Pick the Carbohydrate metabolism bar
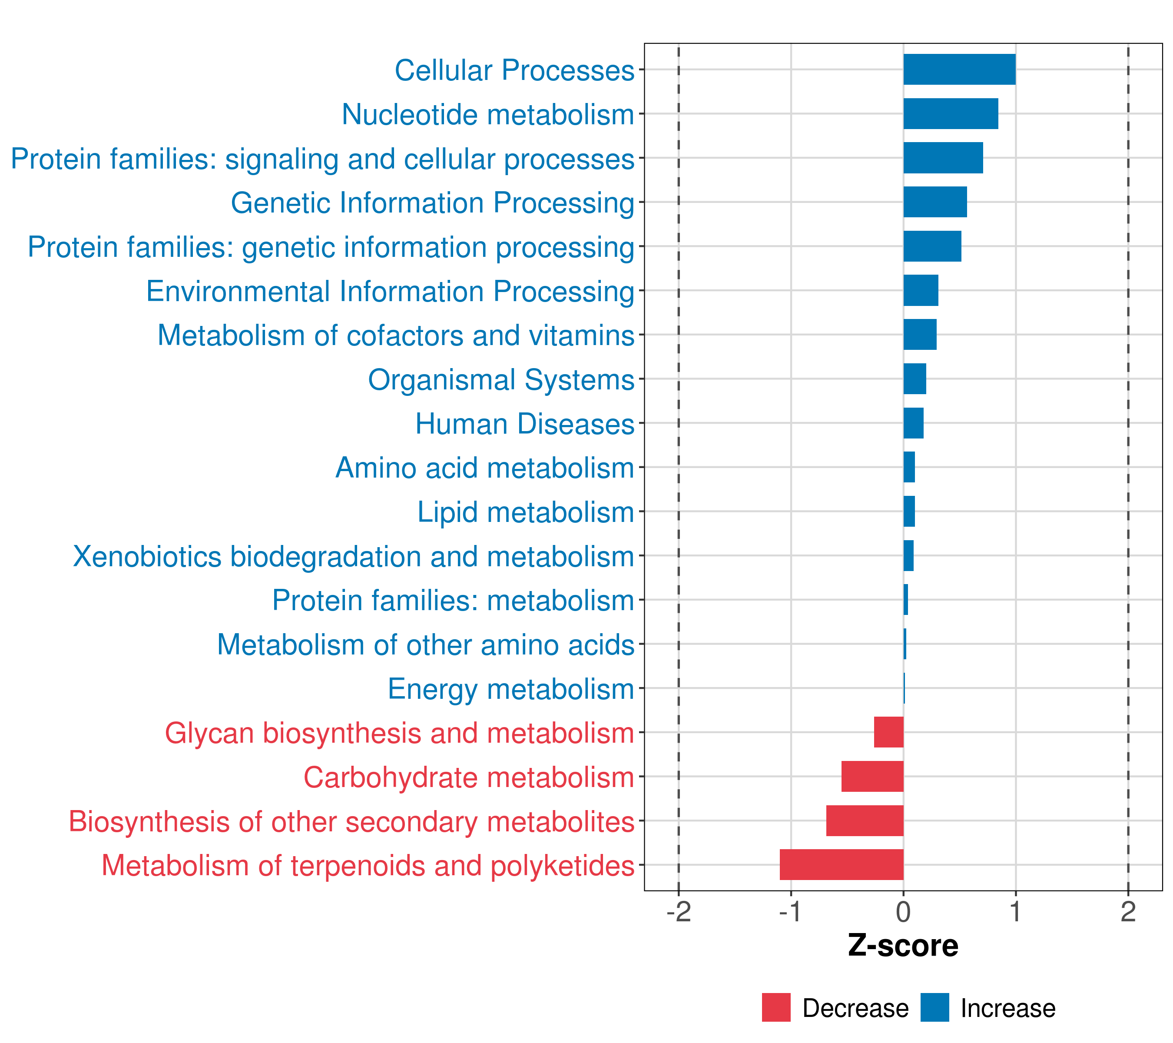point(872,776)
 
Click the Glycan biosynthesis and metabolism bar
point(888,732)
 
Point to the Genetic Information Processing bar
point(935,202)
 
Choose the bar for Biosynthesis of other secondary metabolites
point(865,820)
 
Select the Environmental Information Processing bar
point(921,290)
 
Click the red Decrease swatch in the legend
point(776,1007)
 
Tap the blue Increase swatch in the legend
point(934,1007)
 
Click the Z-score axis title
point(903,945)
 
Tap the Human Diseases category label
point(524,424)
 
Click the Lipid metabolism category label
point(525,512)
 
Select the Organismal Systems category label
point(501,379)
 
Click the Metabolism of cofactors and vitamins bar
point(920,335)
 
